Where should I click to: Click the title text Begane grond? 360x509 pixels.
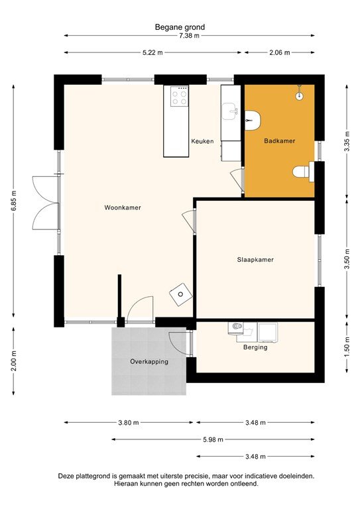point(180,27)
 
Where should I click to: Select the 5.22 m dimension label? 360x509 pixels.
point(152,52)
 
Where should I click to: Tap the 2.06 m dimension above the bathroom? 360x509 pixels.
point(278,52)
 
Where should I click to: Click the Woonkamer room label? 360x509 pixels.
point(123,207)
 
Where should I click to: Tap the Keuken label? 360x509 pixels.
point(202,141)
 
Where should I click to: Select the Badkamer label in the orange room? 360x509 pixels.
point(279,141)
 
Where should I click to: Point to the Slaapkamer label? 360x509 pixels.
point(255,260)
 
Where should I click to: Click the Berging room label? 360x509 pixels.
point(255,347)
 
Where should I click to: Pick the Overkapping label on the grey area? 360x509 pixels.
point(149,362)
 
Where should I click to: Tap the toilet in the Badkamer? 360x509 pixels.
point(302,172)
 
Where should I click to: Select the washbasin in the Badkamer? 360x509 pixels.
point(253,119)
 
